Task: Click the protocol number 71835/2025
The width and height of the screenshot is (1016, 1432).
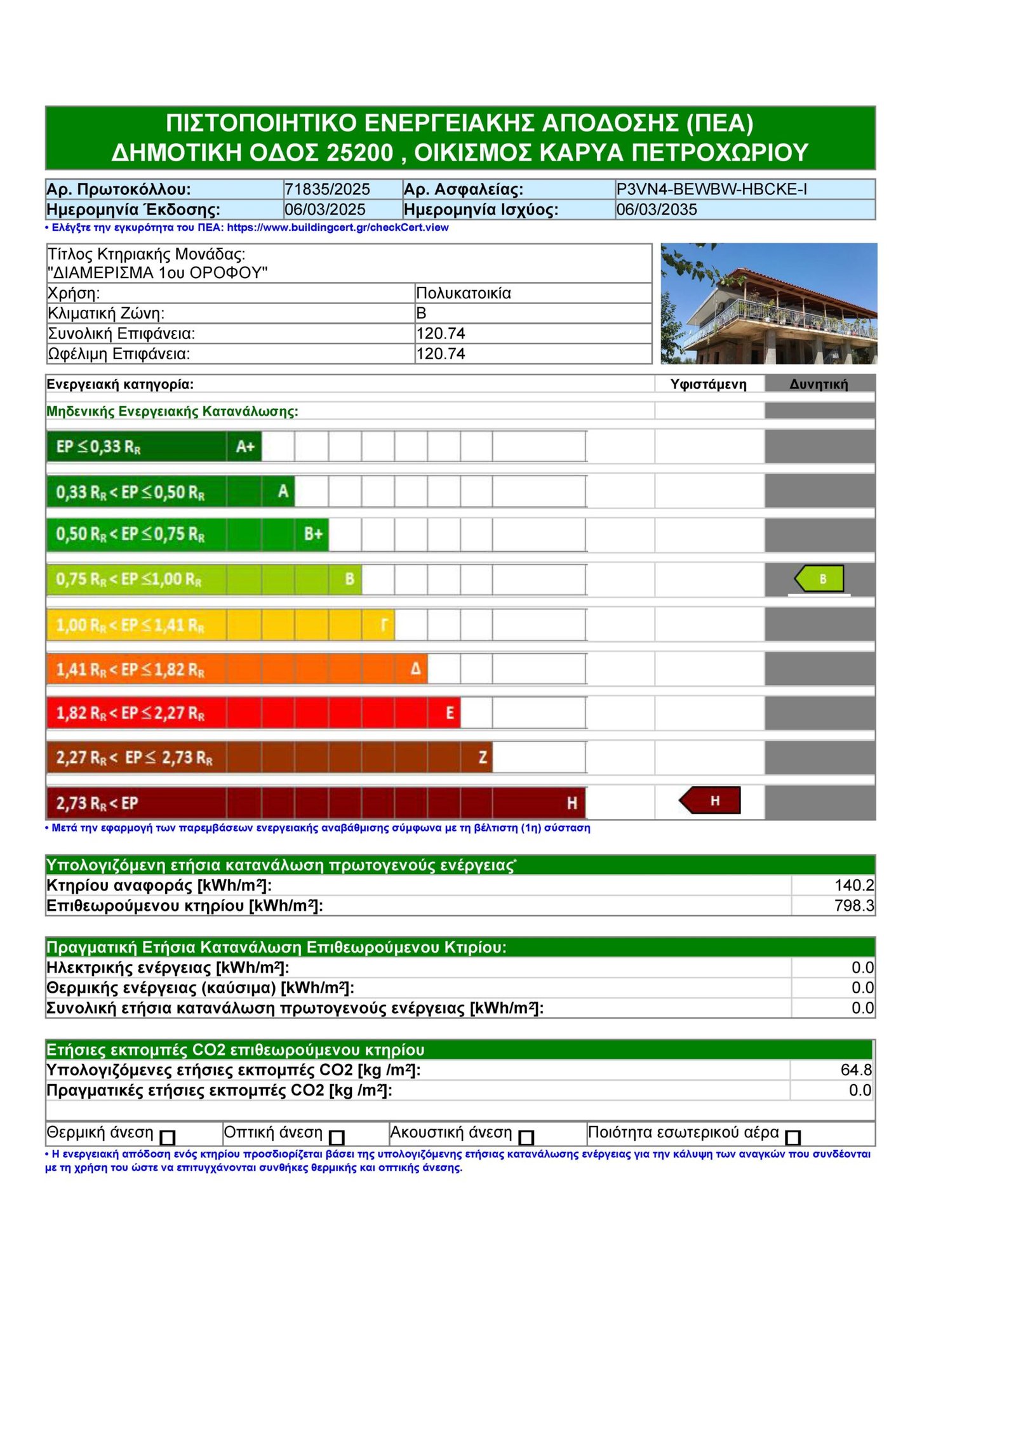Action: tap(327, 189)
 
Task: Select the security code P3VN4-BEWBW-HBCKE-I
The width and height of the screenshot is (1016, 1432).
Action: tap(711, 189)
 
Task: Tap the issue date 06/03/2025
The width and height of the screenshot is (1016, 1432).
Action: tap(324, 209)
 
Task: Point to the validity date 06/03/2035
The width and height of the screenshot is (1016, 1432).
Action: tap(656, 209)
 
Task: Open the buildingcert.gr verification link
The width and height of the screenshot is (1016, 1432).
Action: tap(337, 227)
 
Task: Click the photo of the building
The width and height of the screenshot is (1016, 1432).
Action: tap(768, 303)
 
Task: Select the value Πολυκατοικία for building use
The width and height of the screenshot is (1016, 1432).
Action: tap(463, 293)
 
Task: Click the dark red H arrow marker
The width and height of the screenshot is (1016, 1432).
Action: tap(710, 800)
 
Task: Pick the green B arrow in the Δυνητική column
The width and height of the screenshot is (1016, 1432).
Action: tap(819, 579)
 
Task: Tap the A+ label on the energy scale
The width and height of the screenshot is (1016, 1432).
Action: tap(245, 447)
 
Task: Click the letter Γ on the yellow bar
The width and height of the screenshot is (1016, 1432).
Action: tap(384, 625)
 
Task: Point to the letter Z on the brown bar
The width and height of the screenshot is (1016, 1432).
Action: tap(483, 757)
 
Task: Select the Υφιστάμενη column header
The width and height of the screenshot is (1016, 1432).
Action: tap(708, 384)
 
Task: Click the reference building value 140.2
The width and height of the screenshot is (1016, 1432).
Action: tap(853, 885)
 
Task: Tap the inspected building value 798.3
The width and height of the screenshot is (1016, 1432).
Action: tap(853, 906)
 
